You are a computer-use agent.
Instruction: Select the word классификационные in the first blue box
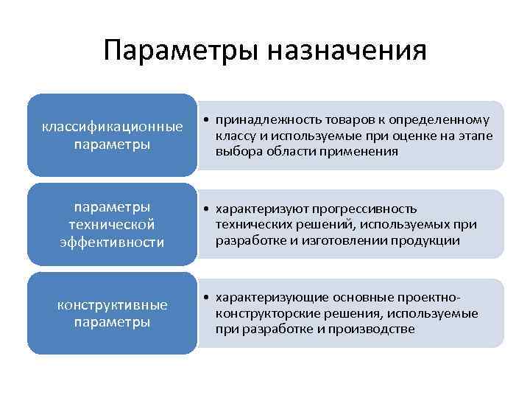(112, 127)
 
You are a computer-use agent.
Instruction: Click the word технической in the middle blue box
(112, 224)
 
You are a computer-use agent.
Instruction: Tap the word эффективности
(112, 241)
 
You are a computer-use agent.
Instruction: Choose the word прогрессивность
(370, 209)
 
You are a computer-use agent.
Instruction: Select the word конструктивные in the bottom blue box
(112, 304)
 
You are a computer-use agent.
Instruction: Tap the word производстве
(378, 329)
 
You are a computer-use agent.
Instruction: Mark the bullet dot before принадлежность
(209, 121)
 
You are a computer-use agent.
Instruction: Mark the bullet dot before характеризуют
(209, 209)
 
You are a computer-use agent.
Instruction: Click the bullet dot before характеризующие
(209, 298)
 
